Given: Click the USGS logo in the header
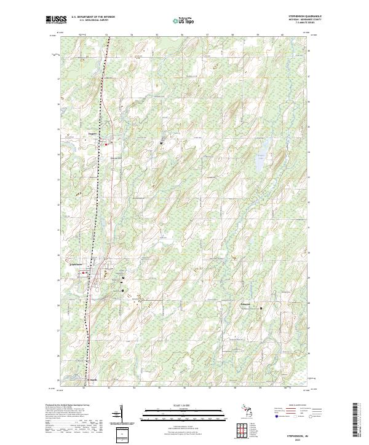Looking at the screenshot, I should [55, 20].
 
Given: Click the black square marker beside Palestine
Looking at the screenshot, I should [260, 308].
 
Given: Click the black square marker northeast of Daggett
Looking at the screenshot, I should [162, 143].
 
